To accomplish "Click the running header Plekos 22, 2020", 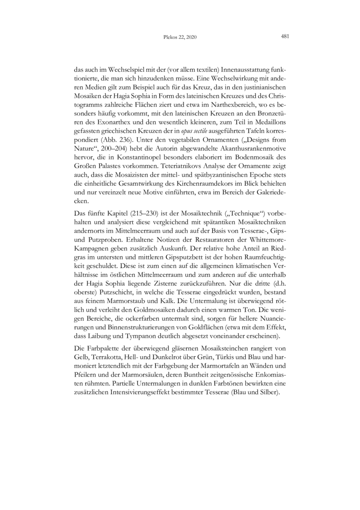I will (x=180, y=37).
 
